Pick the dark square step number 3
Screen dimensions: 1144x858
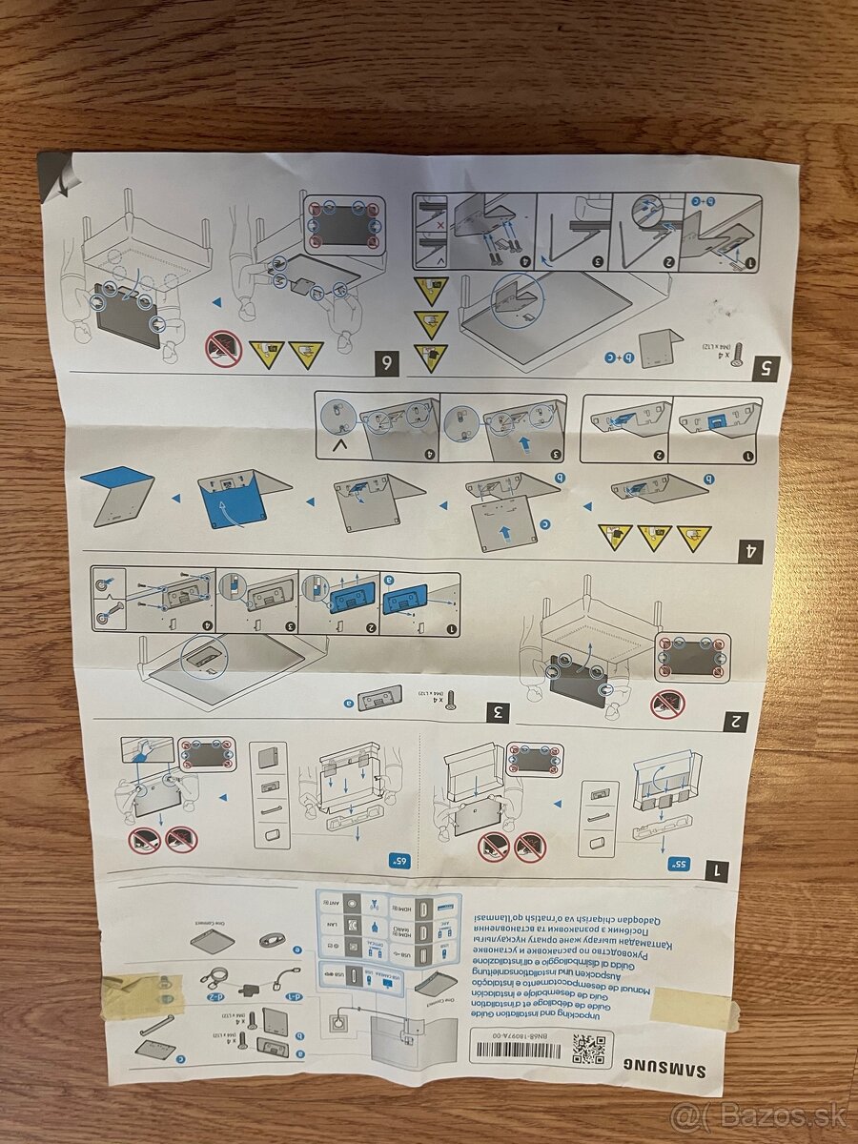(x=497, y=710)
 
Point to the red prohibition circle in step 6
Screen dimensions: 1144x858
(x=224, y=350)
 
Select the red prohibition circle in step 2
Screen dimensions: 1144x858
(x=666, y=704)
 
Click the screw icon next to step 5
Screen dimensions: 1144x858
(x=736, y=355)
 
